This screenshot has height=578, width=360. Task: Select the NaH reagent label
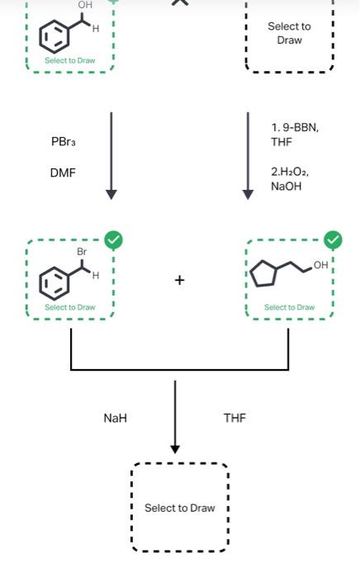point(116,418)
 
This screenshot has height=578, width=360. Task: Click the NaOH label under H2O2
point(286,187)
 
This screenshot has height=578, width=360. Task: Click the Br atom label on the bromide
point(81,250)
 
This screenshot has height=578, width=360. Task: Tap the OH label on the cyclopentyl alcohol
point(320,265)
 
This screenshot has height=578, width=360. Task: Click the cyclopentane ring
point(263,274)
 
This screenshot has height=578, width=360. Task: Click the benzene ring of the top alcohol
point(54,38)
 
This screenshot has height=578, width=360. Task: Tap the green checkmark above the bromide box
point(114,240)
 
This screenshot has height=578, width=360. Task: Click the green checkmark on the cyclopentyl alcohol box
point(333,240)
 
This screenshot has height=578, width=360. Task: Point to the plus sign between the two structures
point(179,280)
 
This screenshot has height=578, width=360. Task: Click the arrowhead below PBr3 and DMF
point(111,194)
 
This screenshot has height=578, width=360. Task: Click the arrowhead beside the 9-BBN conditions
point(248,194)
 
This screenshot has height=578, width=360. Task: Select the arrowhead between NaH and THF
point(175,448)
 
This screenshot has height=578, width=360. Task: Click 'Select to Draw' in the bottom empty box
point(179,508)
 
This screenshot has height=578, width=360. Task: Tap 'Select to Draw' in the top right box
point(289,33)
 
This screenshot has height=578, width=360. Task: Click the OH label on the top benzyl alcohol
point(85,6)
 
